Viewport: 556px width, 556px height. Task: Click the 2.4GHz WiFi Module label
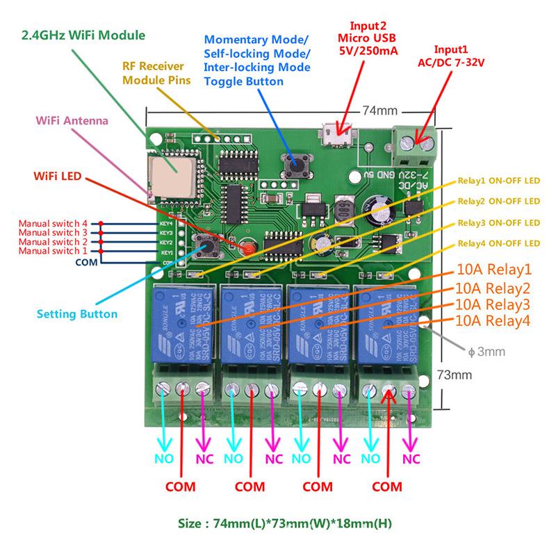click(x=83, y=34)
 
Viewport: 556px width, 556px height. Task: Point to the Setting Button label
click(x=77, y=313)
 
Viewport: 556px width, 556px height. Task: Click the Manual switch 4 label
click(x=53, y=223)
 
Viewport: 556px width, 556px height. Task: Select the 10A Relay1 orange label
click(x=494, y=268)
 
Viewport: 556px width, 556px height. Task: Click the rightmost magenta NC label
click(x=411, y=459)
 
